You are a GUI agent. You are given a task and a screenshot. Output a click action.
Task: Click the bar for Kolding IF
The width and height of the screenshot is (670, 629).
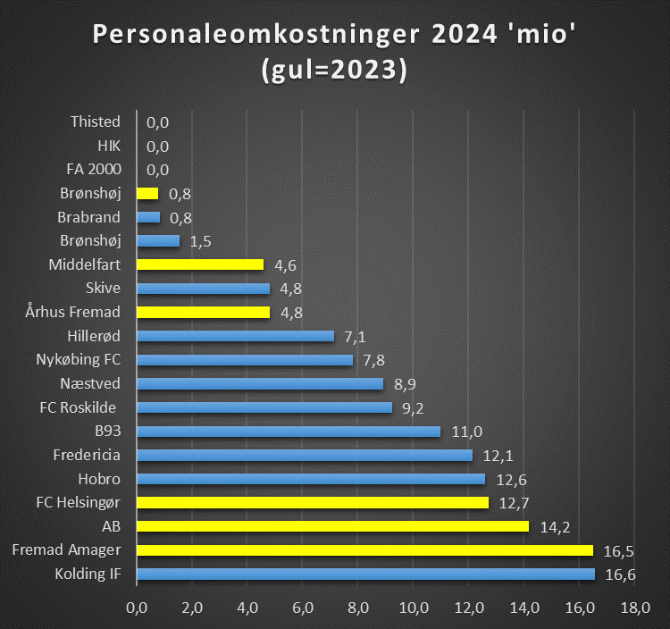point(365,574)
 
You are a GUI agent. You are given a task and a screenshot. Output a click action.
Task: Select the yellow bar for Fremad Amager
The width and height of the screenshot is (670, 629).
point(364,549)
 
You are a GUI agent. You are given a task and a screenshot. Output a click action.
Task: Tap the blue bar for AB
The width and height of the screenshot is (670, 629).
point(332,526)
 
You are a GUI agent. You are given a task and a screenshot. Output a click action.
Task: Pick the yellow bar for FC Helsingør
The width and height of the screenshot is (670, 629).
point(313,502)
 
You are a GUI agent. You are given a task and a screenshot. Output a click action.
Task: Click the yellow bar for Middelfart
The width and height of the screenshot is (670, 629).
point(200,264)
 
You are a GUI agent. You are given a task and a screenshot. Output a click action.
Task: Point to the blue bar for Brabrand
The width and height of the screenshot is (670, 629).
point(148,217)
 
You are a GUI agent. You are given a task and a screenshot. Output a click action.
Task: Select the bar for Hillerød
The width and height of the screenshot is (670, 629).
point(235,336)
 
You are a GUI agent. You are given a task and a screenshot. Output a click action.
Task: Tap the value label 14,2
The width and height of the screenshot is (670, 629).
point(555,526)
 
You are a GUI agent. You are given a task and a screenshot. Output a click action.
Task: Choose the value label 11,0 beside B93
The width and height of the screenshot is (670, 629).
point(465,432)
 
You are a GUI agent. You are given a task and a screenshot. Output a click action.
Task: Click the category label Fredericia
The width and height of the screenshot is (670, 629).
point(87,455)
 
